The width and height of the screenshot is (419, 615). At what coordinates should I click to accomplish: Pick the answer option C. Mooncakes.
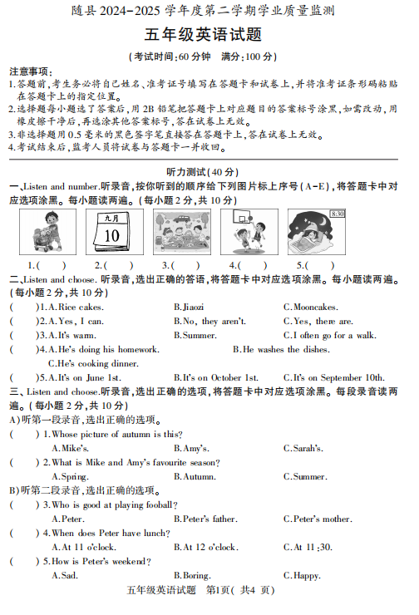point(311,307)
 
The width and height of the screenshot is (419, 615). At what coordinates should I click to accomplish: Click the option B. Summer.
point(195,335)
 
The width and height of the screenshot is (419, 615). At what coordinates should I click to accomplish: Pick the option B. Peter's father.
point(205,519)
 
